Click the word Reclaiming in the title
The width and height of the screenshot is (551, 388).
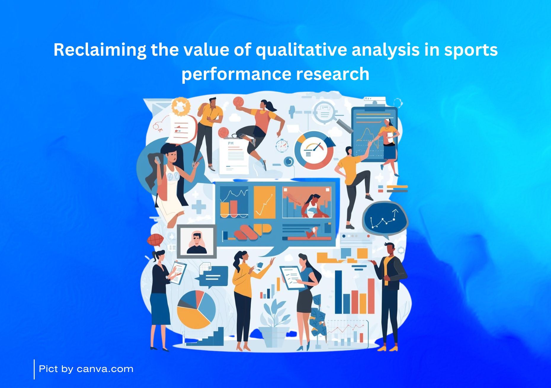click(x=100, y=50)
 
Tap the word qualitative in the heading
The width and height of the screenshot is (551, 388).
click(x=301, y=50)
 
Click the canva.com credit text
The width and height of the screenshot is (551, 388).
click(x=105, y=369)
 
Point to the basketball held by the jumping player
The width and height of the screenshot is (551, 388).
click(x=238, y=102)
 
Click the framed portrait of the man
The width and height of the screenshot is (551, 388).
click(x=197, y=241)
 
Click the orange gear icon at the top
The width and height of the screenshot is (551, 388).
click(x=180, y=106)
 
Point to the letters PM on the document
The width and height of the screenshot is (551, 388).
click(x=231, y=143)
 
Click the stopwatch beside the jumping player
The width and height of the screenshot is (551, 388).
click(x=282, y=146)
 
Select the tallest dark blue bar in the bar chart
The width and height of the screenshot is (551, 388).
click(x=338, y=292)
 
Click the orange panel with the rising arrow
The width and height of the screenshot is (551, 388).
click(x=265, y=202)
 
